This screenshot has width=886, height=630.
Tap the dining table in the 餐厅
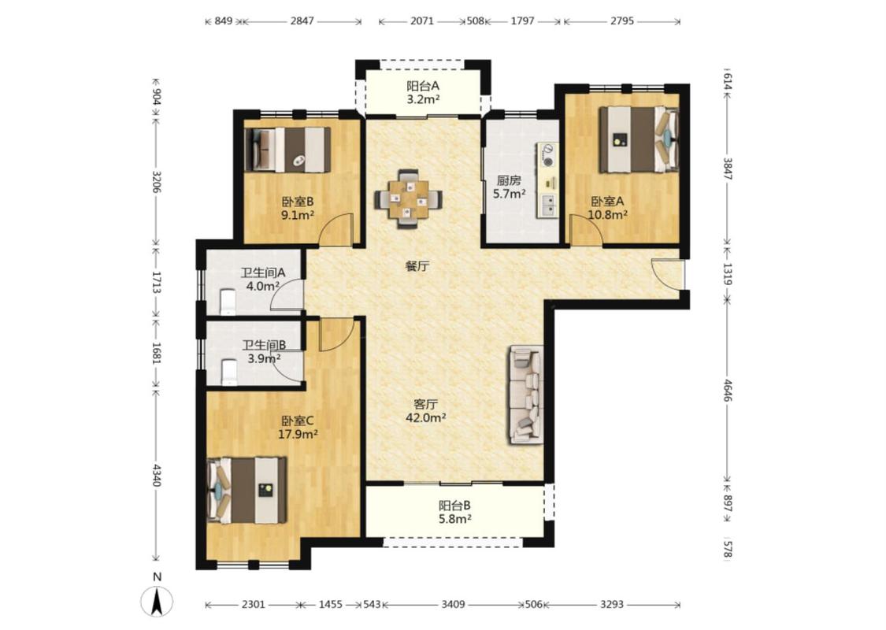(408, 199)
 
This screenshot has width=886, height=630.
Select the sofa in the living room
(526, 395)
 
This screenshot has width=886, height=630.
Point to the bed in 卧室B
(287, 150)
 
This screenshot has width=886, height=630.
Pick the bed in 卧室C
(247, 490)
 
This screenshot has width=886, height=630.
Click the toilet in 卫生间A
(228, 302)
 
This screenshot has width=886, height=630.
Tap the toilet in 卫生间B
(229, 372)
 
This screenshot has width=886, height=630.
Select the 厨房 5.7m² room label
(509, 187)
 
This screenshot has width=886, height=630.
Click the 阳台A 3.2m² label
(423, 93)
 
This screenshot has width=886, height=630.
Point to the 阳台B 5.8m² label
(455, 512)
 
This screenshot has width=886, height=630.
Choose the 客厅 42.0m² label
(425, 411)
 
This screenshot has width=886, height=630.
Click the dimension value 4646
(727, 391)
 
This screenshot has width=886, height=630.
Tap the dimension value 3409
(453, 605)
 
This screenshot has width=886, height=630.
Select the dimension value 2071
(422, 21)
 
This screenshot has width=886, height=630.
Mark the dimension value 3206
(157, 181)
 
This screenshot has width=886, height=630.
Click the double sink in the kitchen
(547, 205)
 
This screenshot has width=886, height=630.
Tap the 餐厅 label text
(417, 265)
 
